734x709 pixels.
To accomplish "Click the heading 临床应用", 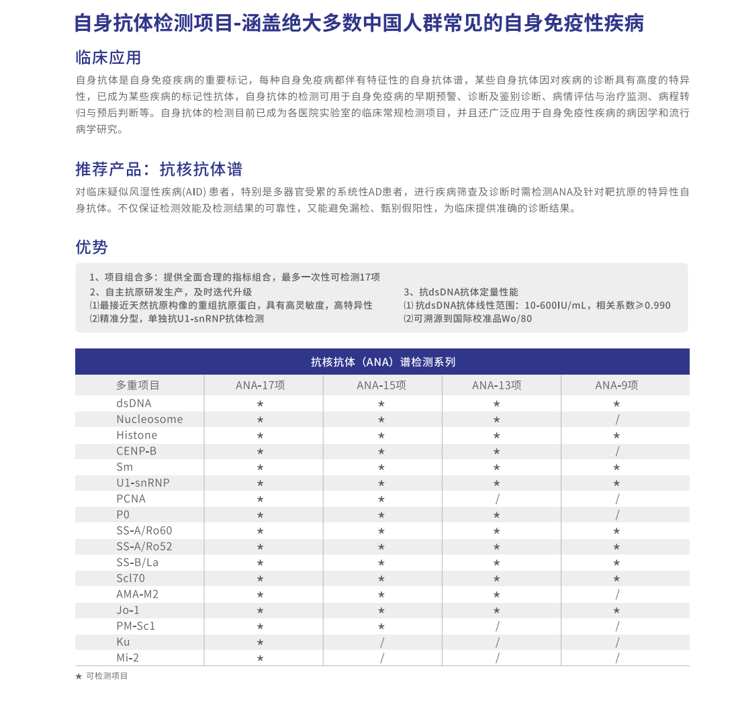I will pos(108,57).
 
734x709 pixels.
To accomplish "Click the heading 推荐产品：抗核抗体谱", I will pos(158,169).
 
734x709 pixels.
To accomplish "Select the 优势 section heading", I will pos(91,247).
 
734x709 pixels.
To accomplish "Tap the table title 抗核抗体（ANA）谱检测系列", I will pos(383,362).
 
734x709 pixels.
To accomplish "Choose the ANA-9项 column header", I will pos(616,385).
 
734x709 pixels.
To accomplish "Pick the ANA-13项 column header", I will pos(496,385).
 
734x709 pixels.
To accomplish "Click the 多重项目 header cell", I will pos(138,385).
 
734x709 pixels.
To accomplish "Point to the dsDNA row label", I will pos(134,404).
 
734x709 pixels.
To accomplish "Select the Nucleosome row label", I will pos(149,420).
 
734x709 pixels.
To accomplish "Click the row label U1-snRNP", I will pos(143,483).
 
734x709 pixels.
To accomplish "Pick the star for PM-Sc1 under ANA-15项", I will pos(381,626).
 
